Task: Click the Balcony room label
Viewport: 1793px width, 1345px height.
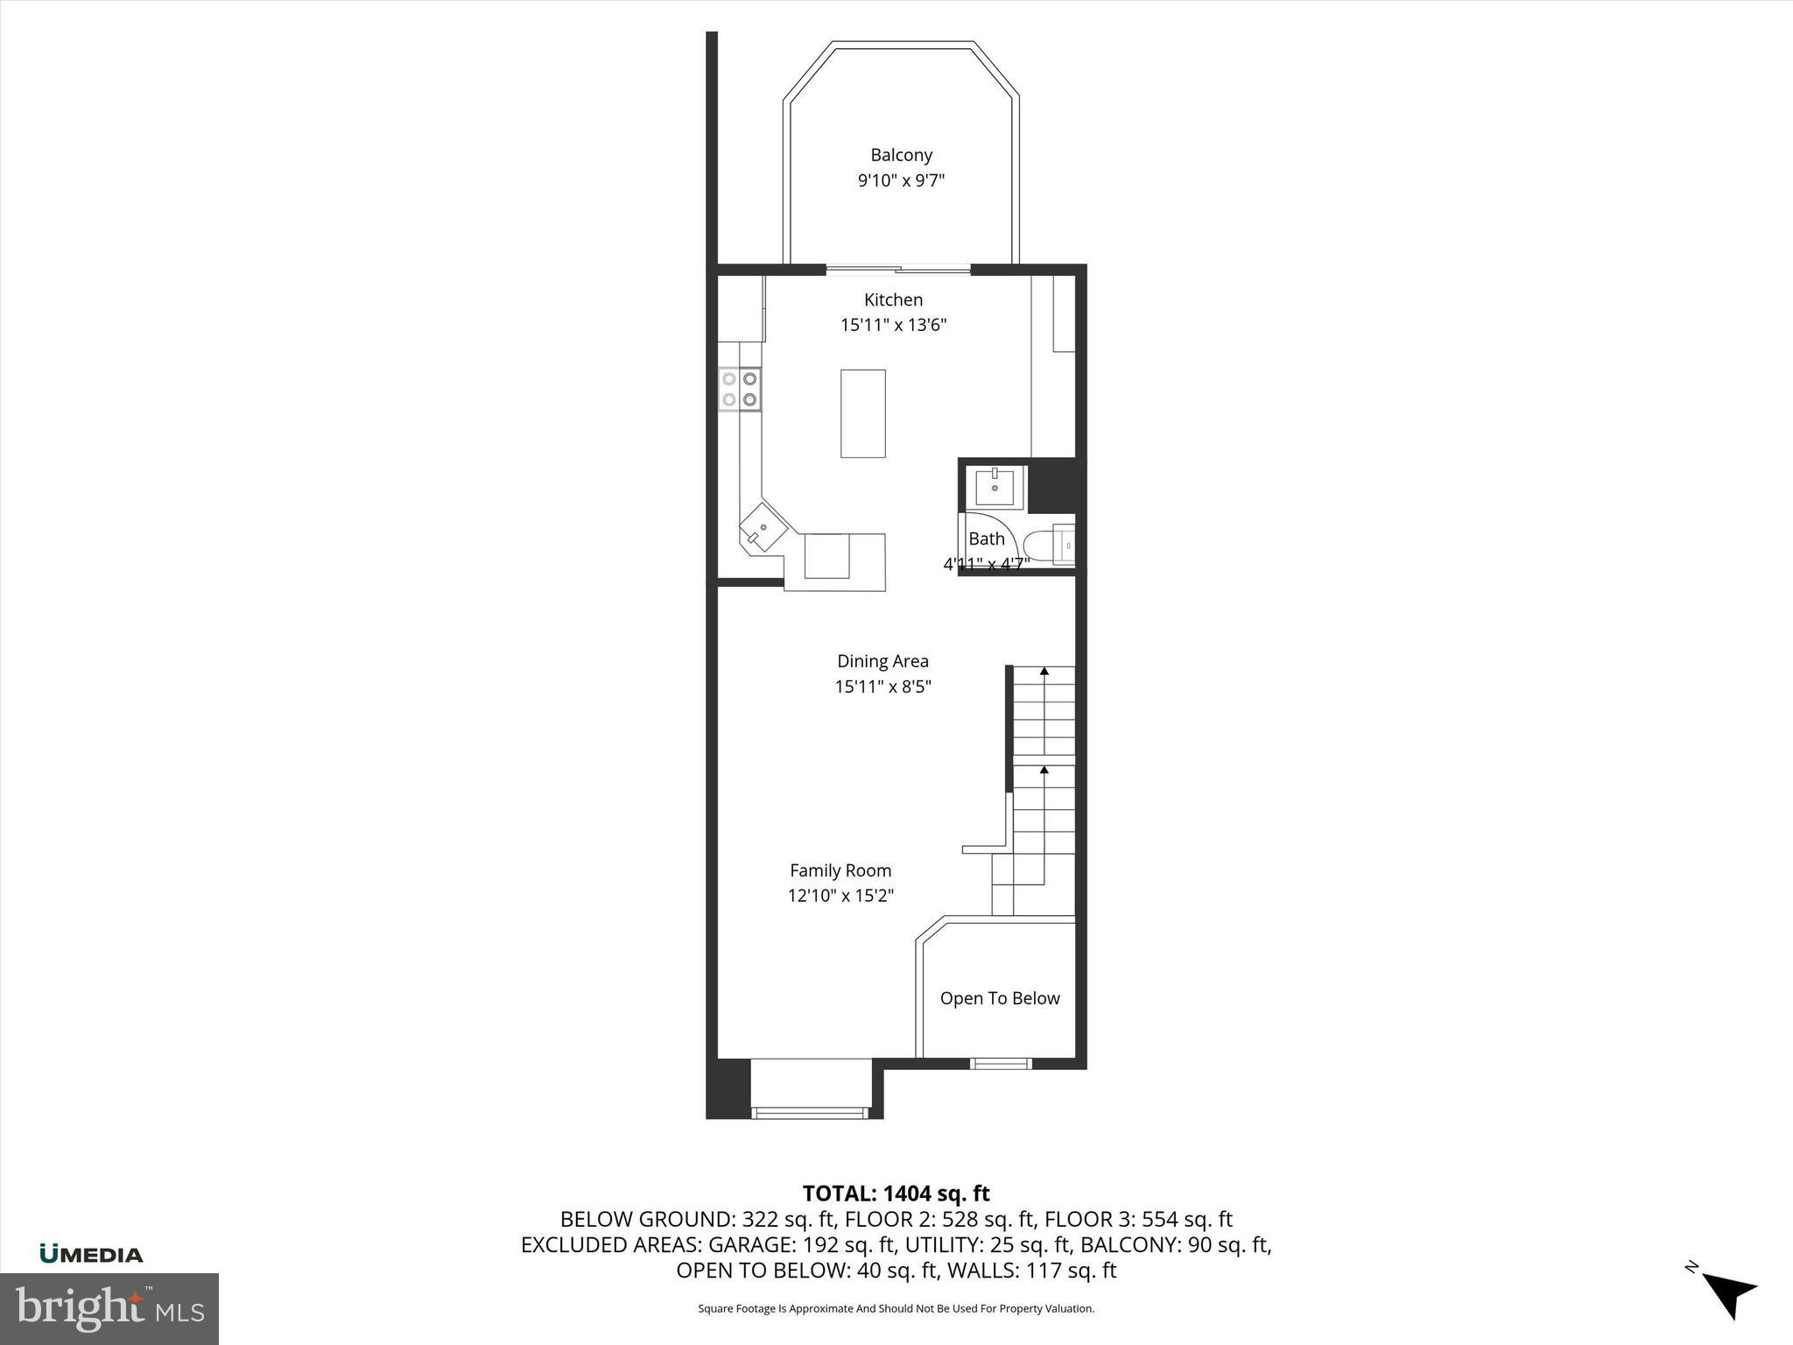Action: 901,155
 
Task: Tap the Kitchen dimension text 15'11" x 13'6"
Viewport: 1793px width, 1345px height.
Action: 893,325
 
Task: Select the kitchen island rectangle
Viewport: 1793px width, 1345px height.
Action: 862,413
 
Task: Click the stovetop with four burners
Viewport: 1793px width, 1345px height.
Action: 740,390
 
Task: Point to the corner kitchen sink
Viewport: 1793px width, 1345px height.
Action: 763,529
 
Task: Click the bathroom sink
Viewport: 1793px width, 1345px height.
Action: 995,487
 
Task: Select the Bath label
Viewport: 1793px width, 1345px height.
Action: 986,539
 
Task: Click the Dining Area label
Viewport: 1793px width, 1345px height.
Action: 882,661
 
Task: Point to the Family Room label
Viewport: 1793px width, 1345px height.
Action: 840,870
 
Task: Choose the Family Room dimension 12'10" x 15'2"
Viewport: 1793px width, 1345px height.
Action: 840,896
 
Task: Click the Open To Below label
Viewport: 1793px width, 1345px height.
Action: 1000,998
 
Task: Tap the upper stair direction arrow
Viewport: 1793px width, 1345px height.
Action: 1044,672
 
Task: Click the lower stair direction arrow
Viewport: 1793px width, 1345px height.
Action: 1044,771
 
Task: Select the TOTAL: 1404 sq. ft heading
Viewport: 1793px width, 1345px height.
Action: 896,1194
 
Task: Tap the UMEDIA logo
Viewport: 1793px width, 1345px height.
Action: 91,1254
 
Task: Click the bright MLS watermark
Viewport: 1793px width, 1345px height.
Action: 109,1308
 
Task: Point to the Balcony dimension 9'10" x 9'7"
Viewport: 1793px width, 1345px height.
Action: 901,181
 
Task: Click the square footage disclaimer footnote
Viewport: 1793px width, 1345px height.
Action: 896,1309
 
